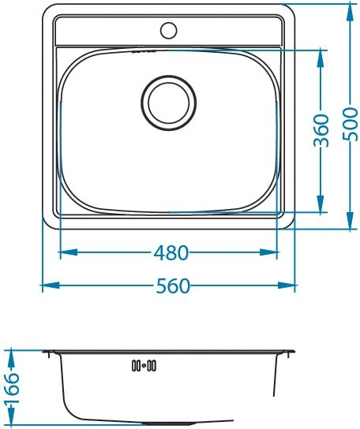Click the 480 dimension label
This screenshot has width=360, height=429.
tap(171, 253)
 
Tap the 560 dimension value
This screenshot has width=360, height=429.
tap(173, 286)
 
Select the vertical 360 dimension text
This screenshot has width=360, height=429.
tap(321, 130)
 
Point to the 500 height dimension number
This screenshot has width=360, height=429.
tap(351, 125)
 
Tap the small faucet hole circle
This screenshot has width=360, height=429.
tap(168, 30)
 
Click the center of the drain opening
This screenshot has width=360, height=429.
tap(169, 103)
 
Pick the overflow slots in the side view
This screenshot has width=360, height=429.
tap(144, 365)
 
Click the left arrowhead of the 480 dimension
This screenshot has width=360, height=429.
tap(69, 252)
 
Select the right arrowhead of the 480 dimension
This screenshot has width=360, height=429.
tap(268, 252)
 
